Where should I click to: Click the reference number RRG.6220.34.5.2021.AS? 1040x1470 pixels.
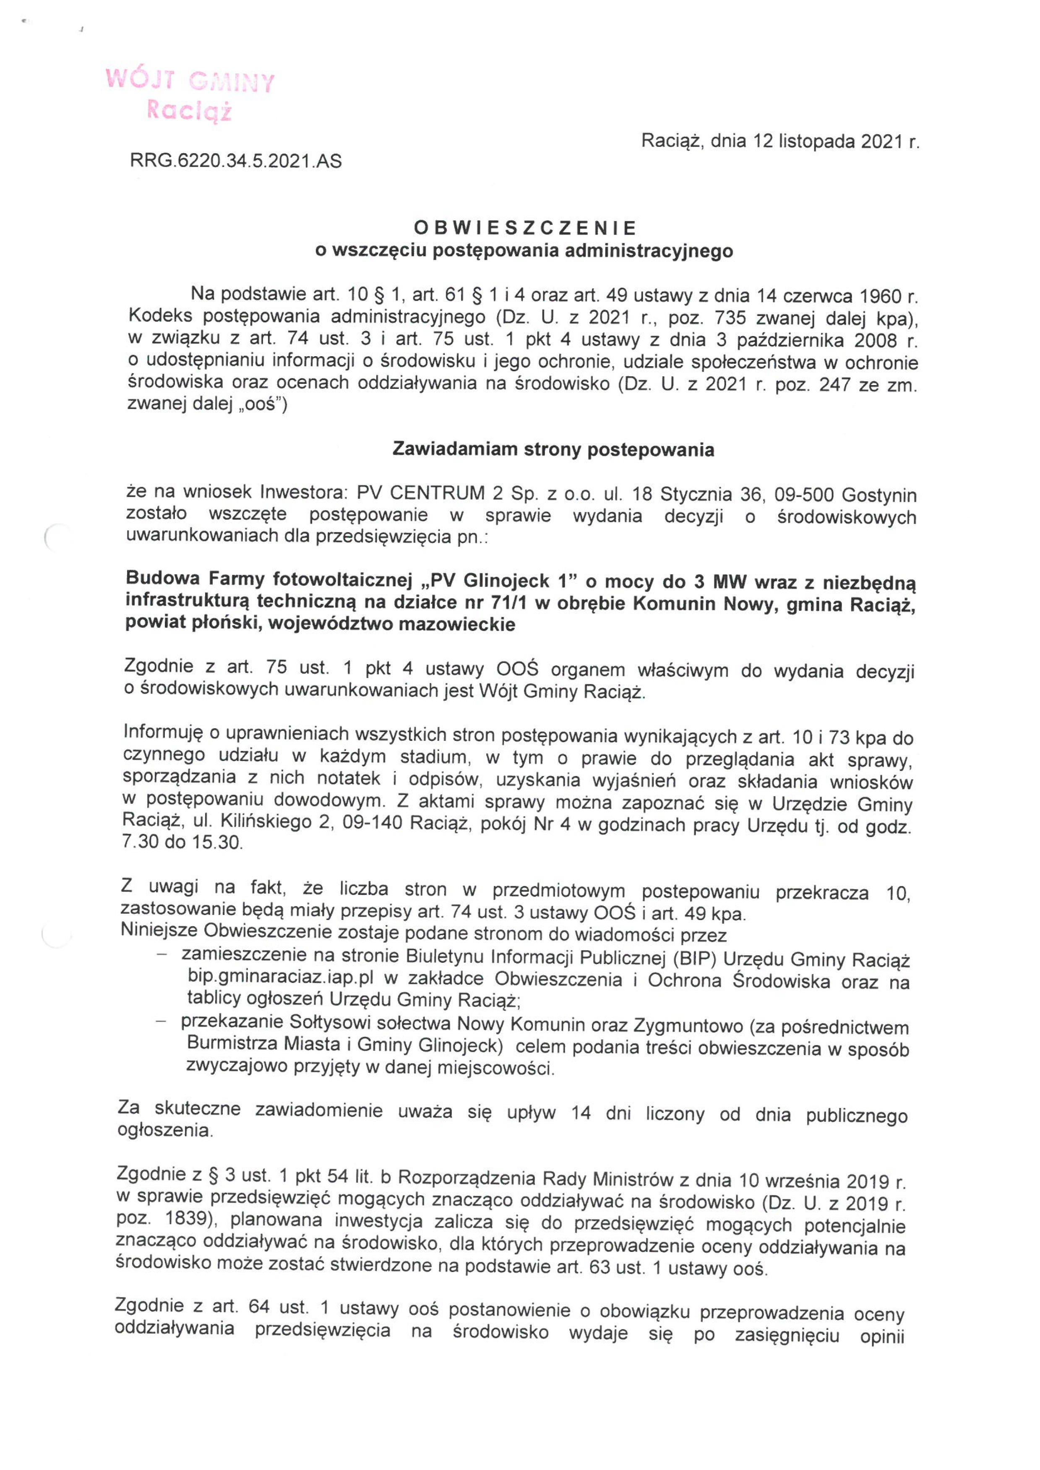click(x=236, y=161)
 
